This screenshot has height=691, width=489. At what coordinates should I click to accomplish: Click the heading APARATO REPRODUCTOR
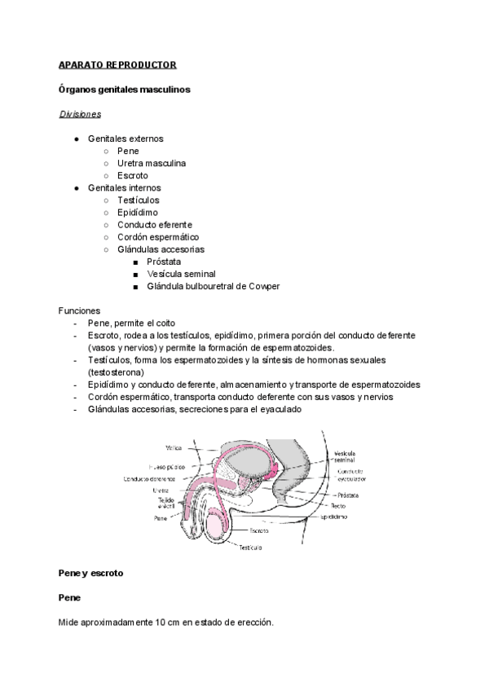pyautogui.click(x=117, y=64)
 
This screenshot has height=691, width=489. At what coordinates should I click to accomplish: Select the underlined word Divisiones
pyautogui.click(x=80, y=114)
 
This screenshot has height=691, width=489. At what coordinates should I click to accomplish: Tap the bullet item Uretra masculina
pyautogui.click(x=152, y=163)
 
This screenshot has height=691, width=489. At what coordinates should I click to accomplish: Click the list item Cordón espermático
pyautogui.click(x=158, y=237)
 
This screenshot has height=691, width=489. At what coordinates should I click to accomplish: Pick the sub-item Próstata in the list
pyautogui.click(x=164, y=262)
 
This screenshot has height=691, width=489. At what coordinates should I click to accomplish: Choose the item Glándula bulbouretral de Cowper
pyautogui.click(x=214, y=286)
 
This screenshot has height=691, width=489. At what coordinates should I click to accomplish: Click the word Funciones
pyautogui.click(x=80, y=310)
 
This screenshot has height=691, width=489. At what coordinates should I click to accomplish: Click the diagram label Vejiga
pyautogui.click(x=173, y=447)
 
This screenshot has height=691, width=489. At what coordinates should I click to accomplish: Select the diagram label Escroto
pyautogui.click(x=260, y=530)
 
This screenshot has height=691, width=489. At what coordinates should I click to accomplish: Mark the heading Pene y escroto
pyautogui.click(x=90, y=573)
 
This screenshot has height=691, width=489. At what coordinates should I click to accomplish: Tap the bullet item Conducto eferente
pyautogui.click(x=155, y=225)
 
